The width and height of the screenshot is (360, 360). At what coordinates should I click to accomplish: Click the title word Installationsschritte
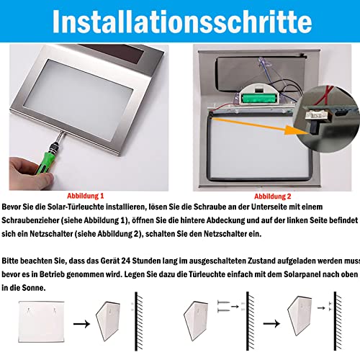pyautogui.click(x=180, y=22)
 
